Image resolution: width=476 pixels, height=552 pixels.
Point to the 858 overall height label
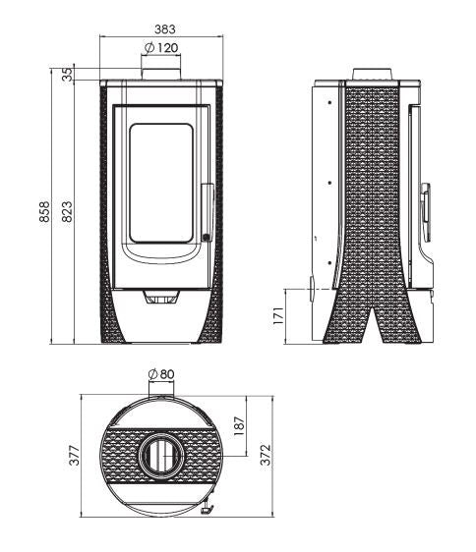(x=44, y=213)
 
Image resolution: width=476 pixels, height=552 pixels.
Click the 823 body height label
(x=67, y=213)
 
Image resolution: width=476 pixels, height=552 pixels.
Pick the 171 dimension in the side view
(x=278, y=316)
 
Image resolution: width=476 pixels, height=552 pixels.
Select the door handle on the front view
(x=206, y=211)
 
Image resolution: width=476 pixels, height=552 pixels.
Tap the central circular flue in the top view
(x=159, y=454)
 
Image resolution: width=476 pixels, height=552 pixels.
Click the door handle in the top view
(x=206, y=509)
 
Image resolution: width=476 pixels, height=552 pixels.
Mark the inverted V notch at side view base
(x=371, y=319)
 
